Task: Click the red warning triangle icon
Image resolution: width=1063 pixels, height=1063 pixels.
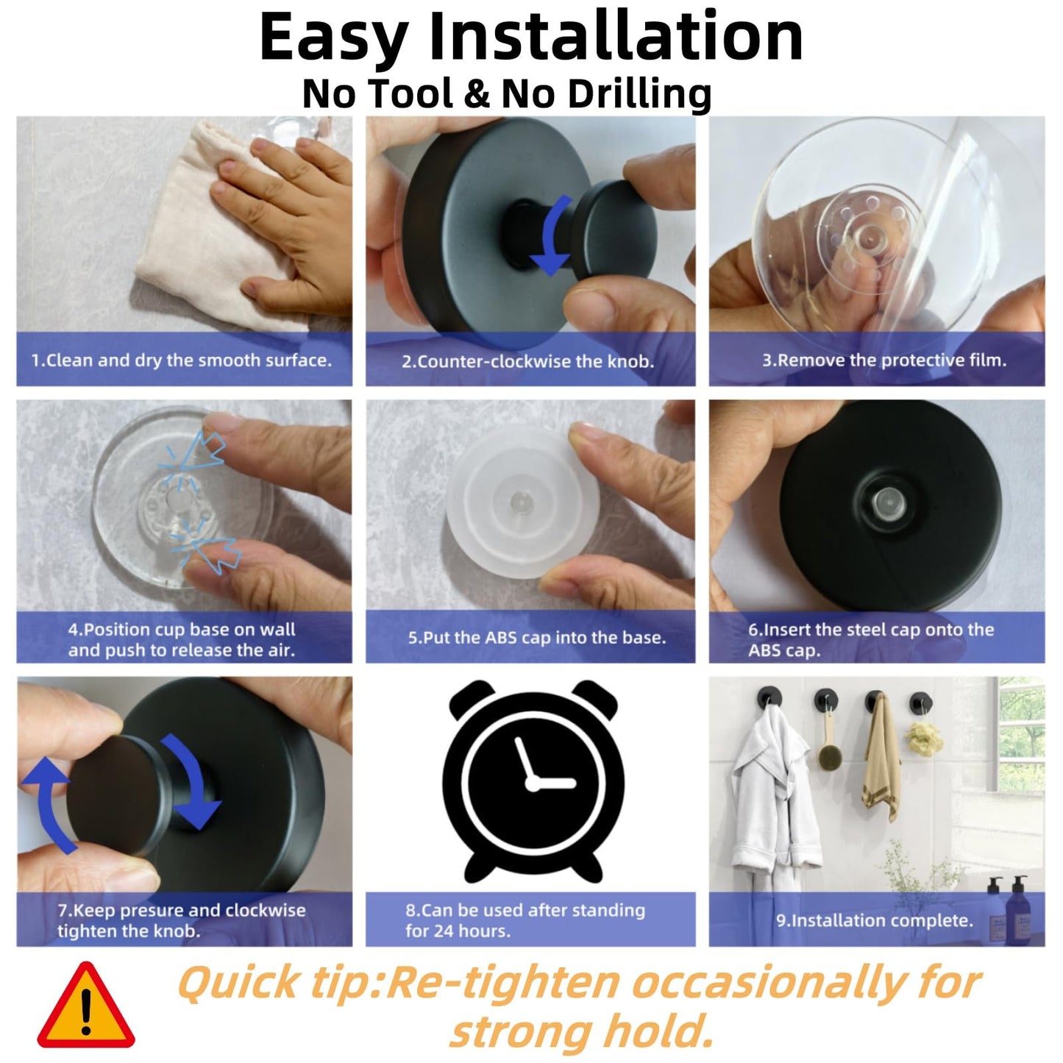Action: coord(85,1006)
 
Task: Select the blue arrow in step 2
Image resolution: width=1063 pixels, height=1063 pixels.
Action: coord(555,235)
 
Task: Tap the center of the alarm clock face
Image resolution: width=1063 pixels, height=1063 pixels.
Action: coord(533,782)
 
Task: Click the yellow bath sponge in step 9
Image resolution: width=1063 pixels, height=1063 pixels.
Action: coord(920,733)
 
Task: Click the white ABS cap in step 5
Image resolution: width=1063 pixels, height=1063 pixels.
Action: coord(522,502)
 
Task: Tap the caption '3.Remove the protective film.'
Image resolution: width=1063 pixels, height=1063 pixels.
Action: coord(884,360)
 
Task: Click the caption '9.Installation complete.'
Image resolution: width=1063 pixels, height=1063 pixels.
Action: coord(875,920)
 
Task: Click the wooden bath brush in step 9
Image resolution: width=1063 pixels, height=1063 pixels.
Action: coord(826,736)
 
